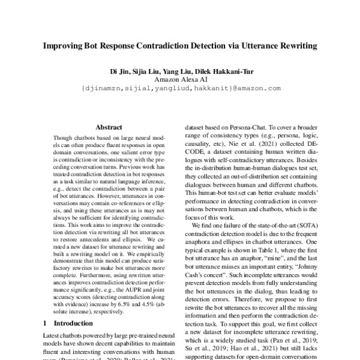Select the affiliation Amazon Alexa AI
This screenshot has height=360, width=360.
(180, 79)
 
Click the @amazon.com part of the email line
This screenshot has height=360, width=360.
(256, 88)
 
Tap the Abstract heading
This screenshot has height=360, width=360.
(109, 127)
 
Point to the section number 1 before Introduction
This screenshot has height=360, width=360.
(47, 322)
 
